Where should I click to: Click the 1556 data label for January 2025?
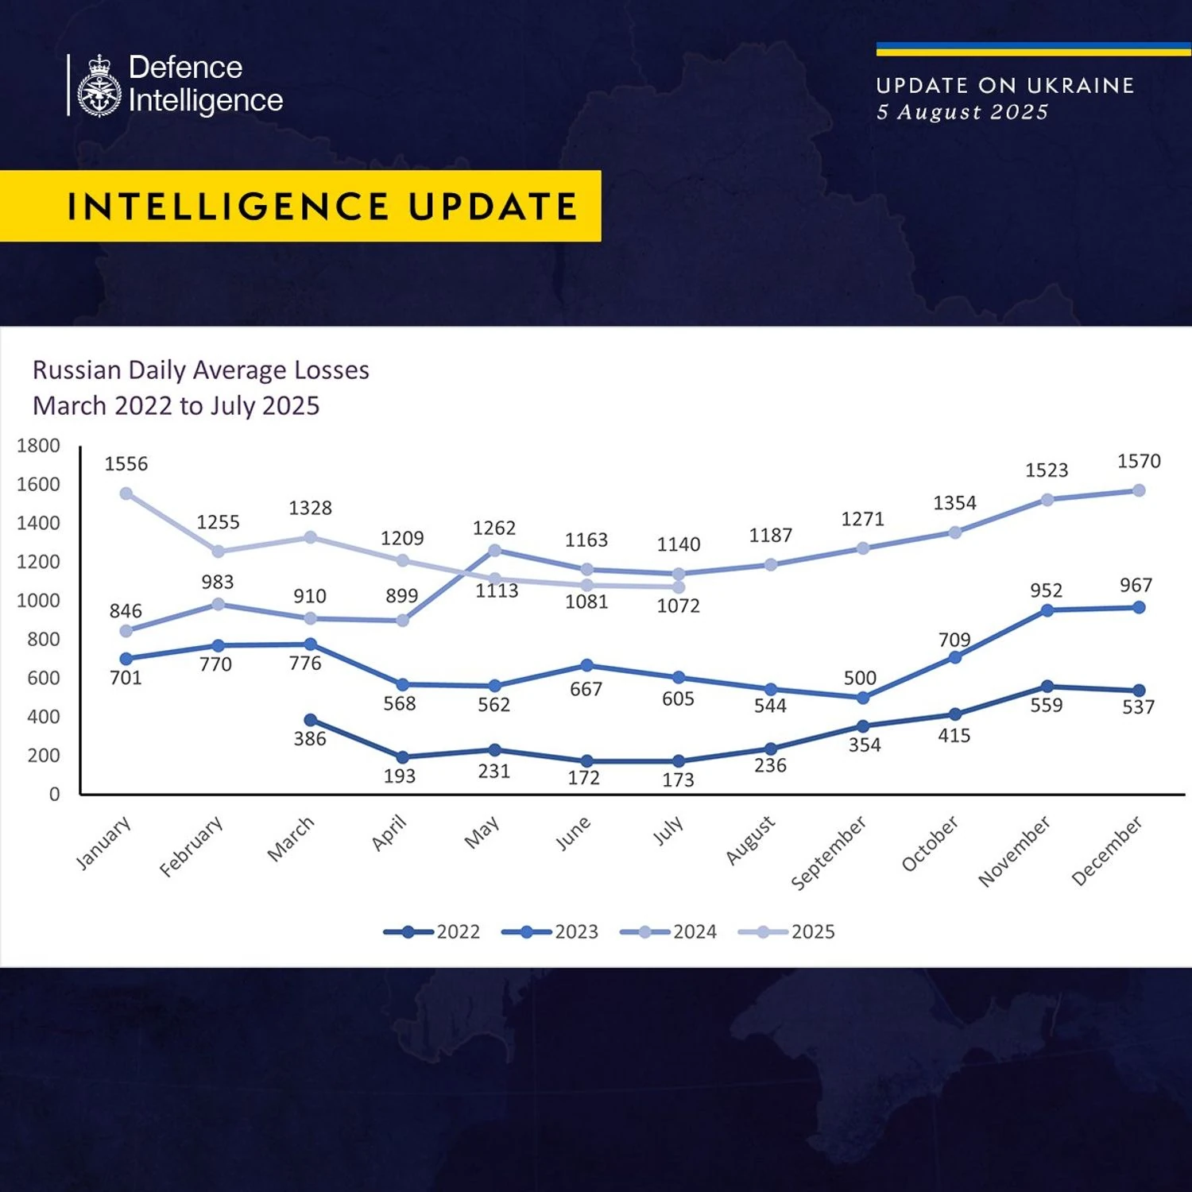click(126, 464)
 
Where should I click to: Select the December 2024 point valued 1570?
click(1138, 490)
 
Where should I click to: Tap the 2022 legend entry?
click(432, 931)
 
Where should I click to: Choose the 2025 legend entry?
click(787, 931)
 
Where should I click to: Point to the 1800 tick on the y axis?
click(38, 446)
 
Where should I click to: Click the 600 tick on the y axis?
click(43, 678)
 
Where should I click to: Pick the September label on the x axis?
click(829, 852)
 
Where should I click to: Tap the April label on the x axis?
click(389, 833)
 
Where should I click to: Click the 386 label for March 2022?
click(310, 739)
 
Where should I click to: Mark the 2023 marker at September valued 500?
click(863, 698)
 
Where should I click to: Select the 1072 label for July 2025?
click(678, 606)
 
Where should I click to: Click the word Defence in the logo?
click(185, 68)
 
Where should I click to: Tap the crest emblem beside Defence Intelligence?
click(99, 86)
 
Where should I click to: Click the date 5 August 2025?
click(962, 112)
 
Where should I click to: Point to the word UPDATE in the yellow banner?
click(493, 207)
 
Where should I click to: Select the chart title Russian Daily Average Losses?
click(201, 370)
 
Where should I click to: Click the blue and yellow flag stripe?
click(1033, 49)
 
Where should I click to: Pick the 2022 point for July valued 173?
click(679, 761)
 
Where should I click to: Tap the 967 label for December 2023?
click(1136, 586)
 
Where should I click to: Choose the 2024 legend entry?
click(668, 931)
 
